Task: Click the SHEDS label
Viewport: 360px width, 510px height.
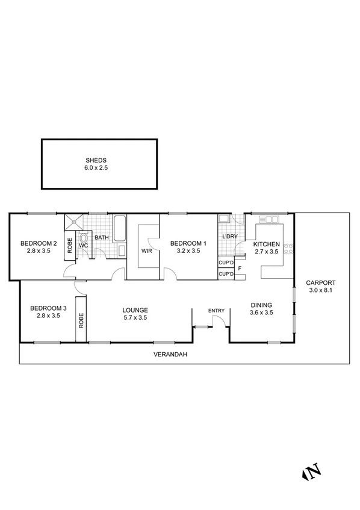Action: click(x=96, y=161)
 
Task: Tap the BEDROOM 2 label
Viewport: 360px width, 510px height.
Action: click(x=39, y=243)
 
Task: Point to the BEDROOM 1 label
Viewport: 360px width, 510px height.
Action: click(x=188, y=243)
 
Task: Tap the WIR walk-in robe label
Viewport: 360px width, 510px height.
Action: click(x=146, y=251)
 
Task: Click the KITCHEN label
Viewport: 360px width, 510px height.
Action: click(x=266, y=244)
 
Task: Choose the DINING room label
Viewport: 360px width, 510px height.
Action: click(x=261, y=305)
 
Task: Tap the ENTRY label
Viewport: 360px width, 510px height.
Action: click(x=216, y=311)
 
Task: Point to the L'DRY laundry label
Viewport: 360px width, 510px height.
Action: click(x=230, y=237)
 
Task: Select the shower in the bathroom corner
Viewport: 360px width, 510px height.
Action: click(x=74, y=222)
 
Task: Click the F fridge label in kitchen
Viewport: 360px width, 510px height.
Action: click(x=240, y=268)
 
